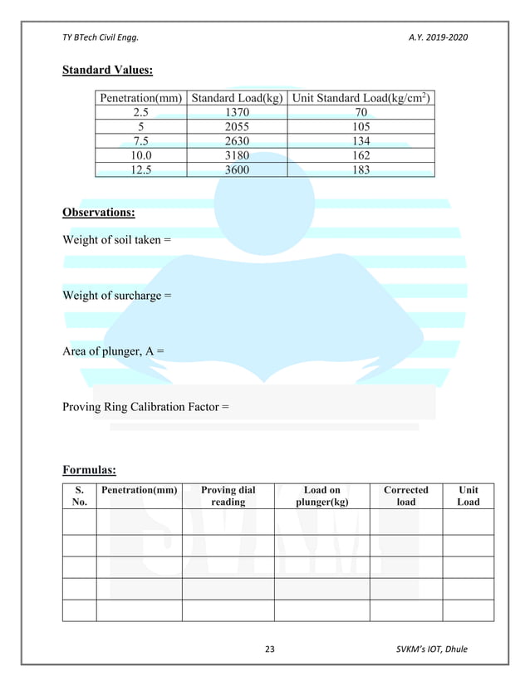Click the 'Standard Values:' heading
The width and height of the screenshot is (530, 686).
click(107, 70)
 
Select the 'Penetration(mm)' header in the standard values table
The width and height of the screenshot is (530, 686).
click(141, 98)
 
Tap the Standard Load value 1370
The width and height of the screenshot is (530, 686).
click(237, 112)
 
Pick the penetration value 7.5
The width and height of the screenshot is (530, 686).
click(141, 141)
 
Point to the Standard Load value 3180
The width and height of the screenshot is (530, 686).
click(237, 155)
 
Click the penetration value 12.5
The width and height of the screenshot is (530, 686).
click(141, 169)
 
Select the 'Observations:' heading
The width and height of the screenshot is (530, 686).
click(99, 213)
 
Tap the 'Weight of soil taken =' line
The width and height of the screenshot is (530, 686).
click(116, 240)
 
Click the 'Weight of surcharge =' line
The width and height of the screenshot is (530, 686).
click(117, 296)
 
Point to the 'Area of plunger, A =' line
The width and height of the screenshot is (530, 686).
click(113, 351)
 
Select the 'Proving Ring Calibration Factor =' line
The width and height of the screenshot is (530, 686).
click(145, 407)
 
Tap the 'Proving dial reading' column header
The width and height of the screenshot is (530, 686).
click(228, 496)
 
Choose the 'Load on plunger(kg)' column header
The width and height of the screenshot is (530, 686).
click(321, 496)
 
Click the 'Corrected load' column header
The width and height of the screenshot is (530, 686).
click(405, 496)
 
